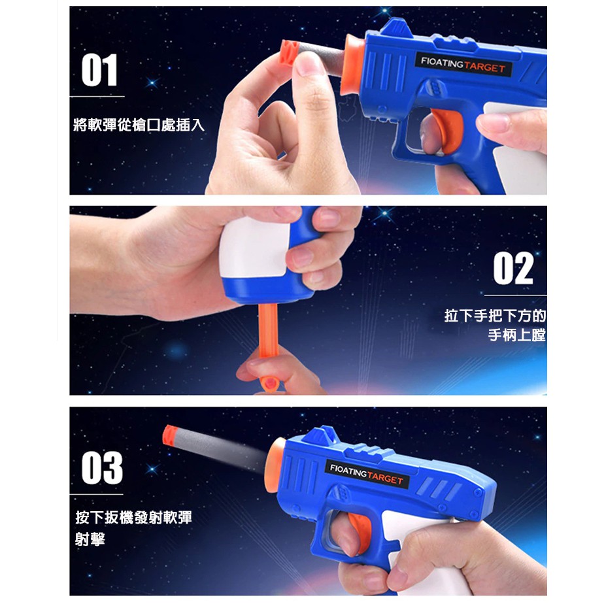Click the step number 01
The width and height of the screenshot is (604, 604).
(99, 70)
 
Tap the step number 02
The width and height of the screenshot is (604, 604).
(514, 269)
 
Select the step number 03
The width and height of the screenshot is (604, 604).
(102, 468)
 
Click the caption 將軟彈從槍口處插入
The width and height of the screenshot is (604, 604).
(139, 126)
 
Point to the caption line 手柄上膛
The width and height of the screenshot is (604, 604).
(517, 335)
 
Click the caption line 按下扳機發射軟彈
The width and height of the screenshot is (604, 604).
(133, 517)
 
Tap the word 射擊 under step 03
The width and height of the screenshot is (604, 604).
(90, 539)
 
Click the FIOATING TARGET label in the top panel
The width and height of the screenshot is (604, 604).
(463, 65)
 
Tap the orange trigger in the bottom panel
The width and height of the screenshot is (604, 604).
(361, 533)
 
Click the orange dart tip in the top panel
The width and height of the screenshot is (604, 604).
(289, 52)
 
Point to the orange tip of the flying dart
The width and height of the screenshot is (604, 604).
(170, 435)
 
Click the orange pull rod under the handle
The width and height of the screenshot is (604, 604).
(269, 339)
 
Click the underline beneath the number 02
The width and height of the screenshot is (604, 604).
(515, 295)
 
